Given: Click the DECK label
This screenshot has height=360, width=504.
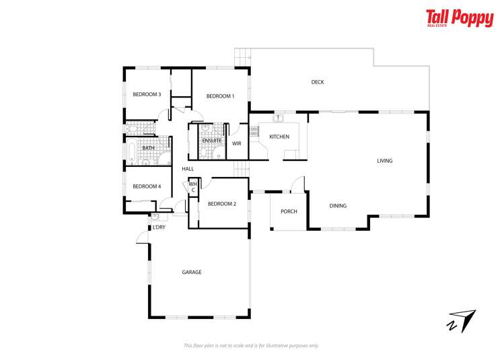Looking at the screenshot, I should [x=318, y=82].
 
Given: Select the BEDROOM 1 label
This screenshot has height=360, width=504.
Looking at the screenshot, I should [x=220, y=96].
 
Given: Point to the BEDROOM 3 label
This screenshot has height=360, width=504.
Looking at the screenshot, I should [x=146, y=94].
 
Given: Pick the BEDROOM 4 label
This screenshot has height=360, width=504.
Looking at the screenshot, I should [x=146, y=186].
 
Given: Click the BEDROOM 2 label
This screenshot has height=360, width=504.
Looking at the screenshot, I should [x=221, y=203].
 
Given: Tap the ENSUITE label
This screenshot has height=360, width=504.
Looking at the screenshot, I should [x=212, y=140].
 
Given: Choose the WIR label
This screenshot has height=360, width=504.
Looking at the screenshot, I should [x=237, y=143].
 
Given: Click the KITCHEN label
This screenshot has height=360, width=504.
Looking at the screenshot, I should [x=279, y=137].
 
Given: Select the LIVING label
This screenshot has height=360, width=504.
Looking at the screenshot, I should [x=384, y=161].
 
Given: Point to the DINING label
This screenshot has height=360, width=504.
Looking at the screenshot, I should [x=338, y=206].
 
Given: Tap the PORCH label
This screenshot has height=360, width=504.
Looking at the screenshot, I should [x=289, y=211].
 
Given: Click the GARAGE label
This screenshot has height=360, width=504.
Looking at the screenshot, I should [x=192, y=273].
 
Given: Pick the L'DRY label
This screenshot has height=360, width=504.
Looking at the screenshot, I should [x=159, y=227].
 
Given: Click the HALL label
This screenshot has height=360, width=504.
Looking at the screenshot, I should [x=188, y=169].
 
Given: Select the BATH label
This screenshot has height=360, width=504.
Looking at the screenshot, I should [x=148, y=148].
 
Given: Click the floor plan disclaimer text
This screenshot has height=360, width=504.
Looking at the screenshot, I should [x=252, y=346].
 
